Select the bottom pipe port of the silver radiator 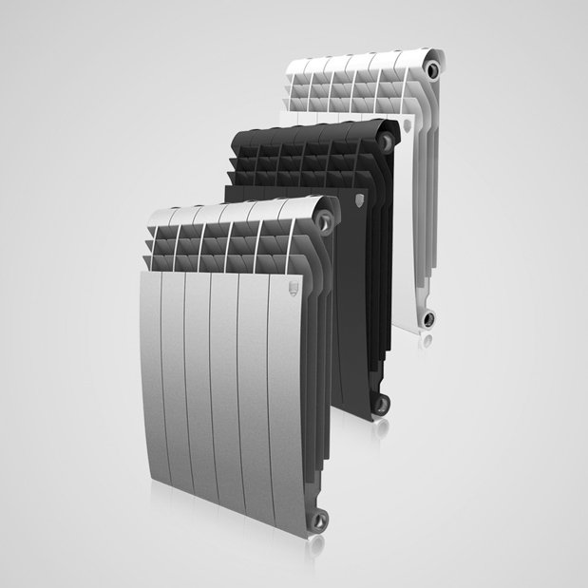tap(320, 518)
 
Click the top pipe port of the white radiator tap(433, 71)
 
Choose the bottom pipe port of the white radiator tap(429, 317)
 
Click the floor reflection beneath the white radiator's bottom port tap(430, 336)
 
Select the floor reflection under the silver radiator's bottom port tap(320, 539)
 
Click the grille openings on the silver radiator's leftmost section tap(161, 249)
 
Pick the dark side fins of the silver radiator tap(324, 380)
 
